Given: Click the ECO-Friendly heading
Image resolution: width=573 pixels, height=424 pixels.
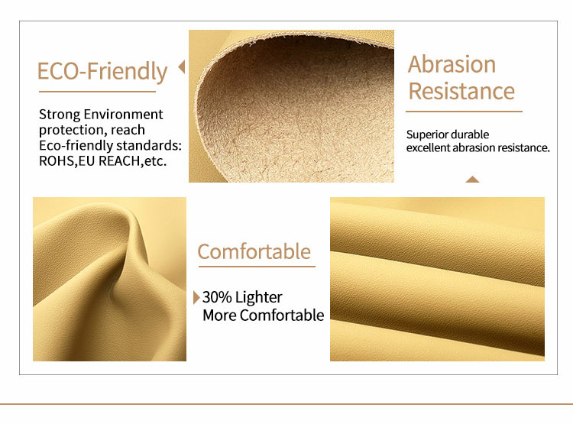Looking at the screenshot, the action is (102, 71).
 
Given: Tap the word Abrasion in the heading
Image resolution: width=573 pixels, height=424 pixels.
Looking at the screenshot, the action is (452, 64).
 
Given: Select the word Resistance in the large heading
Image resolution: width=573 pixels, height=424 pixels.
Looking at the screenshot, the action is (461, 91).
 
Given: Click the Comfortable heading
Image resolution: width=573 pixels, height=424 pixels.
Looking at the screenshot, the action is (254, 252).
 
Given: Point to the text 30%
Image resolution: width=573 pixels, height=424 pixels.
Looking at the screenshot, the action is (217, 297).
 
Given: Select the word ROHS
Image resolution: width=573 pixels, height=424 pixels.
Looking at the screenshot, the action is (57, 161).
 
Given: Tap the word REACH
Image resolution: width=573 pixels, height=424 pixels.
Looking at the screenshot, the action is (120, 161).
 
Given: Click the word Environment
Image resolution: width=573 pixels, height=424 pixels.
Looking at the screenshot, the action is (123, 115).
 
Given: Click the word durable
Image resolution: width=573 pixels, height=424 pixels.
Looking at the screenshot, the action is (471, 134).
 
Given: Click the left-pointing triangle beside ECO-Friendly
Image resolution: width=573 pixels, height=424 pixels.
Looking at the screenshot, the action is (182, 67).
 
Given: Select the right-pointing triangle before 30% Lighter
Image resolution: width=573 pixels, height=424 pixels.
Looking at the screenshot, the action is (196, 297).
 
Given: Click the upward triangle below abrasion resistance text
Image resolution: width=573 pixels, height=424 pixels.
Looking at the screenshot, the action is (472, 179).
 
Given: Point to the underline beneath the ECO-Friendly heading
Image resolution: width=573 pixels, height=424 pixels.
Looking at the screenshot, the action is (98, 92).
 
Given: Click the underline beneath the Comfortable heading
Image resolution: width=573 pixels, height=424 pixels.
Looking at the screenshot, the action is (257, 267).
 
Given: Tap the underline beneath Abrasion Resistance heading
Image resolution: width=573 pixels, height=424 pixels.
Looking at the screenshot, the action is (464, 111).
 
